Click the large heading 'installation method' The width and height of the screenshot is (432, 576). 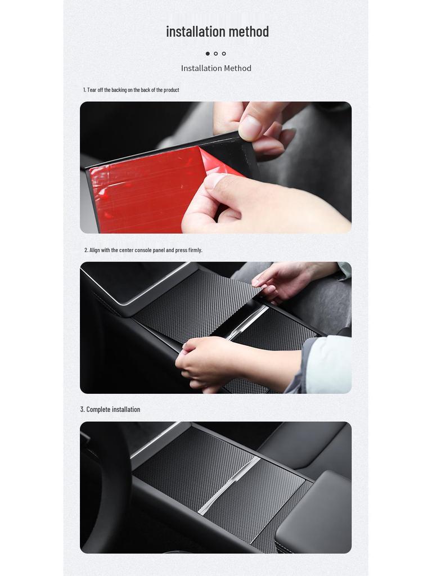217,31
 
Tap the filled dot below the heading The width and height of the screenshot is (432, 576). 208,53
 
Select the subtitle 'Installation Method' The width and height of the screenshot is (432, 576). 216,68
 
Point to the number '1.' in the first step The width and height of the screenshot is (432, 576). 85,90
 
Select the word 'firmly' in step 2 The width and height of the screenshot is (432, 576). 194,250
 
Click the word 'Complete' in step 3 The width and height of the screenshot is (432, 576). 98,409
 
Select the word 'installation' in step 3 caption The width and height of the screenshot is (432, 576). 126,409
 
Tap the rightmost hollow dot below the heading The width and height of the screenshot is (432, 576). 224,53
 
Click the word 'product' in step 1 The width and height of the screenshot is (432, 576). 171,90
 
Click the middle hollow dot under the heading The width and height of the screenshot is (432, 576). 215,53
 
